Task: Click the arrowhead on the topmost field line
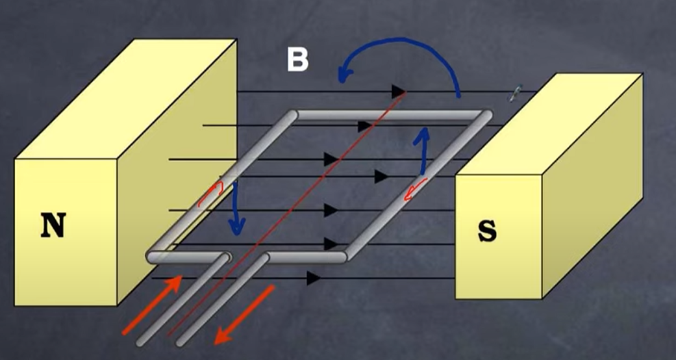(398, 92)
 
